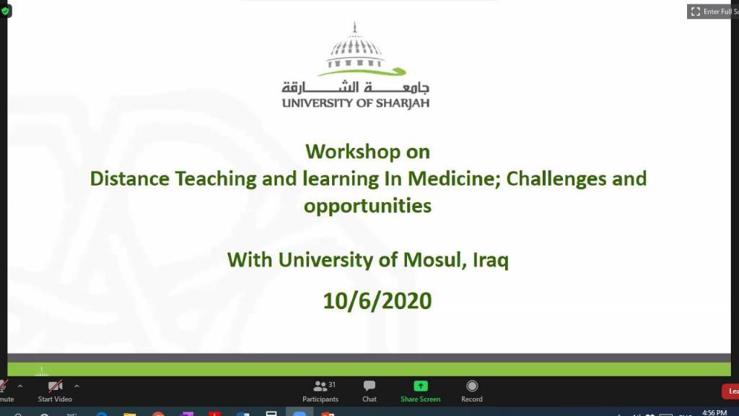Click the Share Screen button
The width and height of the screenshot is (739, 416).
pyautogui.click(x=421, y=391)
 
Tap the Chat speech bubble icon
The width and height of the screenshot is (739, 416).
pyautogui.click(x=369, y=386)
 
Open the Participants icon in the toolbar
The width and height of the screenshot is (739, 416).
pyautogui.click(x=320, y=386)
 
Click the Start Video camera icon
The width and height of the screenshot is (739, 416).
pyautogui.click(x=55, y=386)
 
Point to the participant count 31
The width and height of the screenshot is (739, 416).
pyautogui.click(x=332, y=385)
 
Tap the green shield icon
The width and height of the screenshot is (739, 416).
pyautogui.click(x=5, y=11)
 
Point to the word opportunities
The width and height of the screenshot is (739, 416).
pyautogui.click(x=367, y=206)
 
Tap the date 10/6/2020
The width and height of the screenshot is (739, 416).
pyautogui.click(x=377, y=301)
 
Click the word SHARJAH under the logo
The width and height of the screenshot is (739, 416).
pyautogui.click(x=403, y=103)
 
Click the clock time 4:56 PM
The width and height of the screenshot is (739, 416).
pyautogui.click(x=714, y=412)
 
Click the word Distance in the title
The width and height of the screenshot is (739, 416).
pyautogui.click(x=130, y=179)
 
